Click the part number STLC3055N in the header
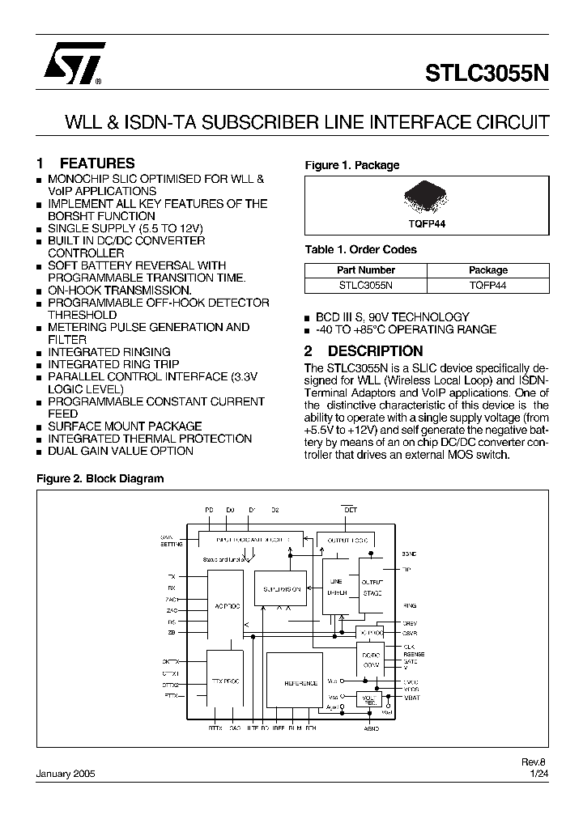coord(487,73)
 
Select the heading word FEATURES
coord(97,163)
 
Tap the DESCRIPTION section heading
coord(375,351)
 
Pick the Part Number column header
coord(365,270)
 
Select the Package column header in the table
coord(487,270)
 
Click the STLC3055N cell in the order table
coord(365,285)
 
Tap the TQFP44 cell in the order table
coord(487,285)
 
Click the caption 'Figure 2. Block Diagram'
coord(100,478)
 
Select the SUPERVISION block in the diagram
coord(281,589)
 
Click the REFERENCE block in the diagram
coord(300,683)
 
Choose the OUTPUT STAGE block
coord(372,588)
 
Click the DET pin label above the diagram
coord(351,510)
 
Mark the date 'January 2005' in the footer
coord(66,774)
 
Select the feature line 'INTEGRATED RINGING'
coord(109,352)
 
